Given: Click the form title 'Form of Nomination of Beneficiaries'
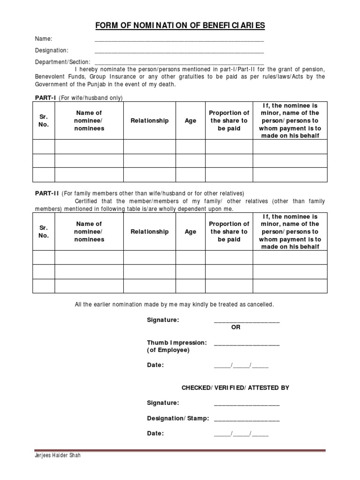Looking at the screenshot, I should tap(180, 25).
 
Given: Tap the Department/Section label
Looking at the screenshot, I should tap(63, 62).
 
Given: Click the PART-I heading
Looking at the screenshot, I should tap(45, 98).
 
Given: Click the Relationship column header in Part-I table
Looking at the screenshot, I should tap(150, 121).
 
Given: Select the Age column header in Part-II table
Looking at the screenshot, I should tap(190, 232).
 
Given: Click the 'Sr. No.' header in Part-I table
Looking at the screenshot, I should tap(44, 121).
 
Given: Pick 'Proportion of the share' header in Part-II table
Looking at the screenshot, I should tap(229, 232).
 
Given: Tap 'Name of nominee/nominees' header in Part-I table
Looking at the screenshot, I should tap(89, 121).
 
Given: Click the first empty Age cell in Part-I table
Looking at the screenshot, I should tap(190, 147).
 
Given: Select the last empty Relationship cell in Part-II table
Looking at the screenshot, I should tap(150, 286).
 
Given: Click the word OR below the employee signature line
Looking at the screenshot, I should tap(236, 328).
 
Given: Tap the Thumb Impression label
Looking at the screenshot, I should tap(176, 343).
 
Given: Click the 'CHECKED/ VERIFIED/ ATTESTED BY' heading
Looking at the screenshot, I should tap(235, 388).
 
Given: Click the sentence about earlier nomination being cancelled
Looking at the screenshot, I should tap(174, 305).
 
